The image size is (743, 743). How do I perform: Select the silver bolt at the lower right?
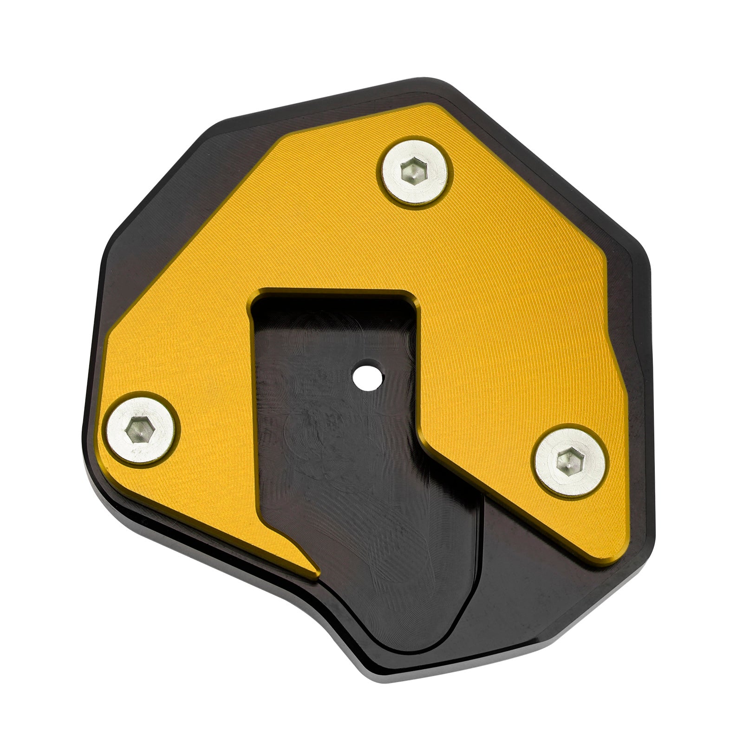pos(570,462)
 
